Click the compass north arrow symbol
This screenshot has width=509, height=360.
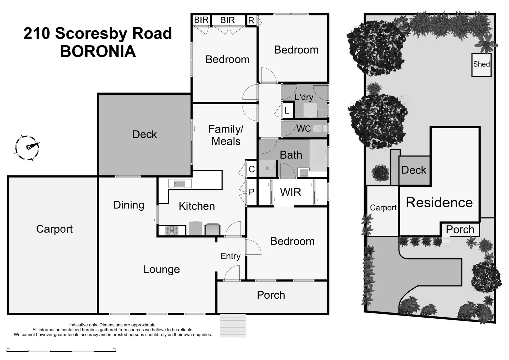point(27,148)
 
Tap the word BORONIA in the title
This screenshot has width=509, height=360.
point(98,51)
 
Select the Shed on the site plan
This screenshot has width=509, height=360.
point(481,64)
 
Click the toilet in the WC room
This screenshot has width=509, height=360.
point(319,128)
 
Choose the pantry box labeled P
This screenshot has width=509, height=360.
point(252,192)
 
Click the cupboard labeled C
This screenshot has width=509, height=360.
point(252,169)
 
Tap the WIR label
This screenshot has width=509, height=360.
point(290,192)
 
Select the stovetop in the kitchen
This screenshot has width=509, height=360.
point(172,230)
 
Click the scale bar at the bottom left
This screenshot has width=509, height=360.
point(61,351)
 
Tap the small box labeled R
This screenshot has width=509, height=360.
point(251,21)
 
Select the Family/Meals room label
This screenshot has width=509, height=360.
point(226,135)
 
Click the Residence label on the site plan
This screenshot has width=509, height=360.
point(439,202)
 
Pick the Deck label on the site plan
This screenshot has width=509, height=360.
point(414,170)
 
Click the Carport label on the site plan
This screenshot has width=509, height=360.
point(383,208)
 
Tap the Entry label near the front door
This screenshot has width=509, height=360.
point(230,256)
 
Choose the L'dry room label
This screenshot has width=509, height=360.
point(304,97)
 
